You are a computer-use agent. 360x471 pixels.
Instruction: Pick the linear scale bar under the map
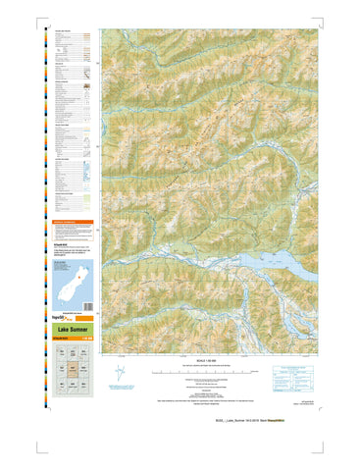(x=207, y=373)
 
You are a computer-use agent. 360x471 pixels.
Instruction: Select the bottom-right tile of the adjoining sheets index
(x=83, y=385)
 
